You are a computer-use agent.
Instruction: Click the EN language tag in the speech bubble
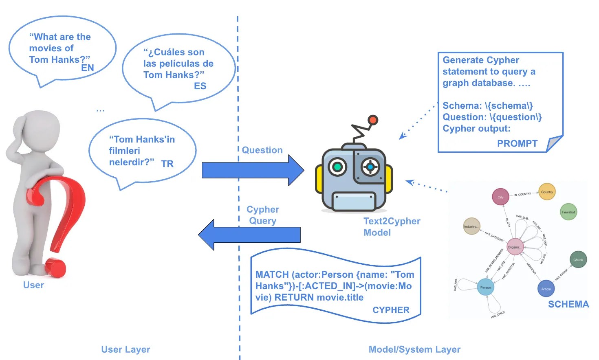(x=88, y=68)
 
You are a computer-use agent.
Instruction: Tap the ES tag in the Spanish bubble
(x=200, y=86)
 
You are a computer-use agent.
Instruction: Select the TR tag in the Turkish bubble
(x=167, y=164)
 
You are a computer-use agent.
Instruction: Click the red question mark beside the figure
(x=57, y=220)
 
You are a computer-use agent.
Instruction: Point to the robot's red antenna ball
(x=372, y=120)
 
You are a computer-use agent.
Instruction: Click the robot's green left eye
(x=337, y=167)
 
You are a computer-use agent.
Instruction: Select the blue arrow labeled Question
(x=253, y=170)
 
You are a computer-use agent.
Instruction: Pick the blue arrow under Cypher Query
(x=249, y=235)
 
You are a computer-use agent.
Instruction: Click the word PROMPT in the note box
(x=517, y=143)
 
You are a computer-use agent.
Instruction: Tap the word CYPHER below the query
(x=391, y=310)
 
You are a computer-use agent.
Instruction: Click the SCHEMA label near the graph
(x=568, y=304)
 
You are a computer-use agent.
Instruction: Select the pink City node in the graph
(x=500, y=197)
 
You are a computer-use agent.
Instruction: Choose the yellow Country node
(x=547, y=192)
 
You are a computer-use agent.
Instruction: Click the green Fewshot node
(x=568, y=212)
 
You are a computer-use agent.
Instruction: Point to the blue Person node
(x=485, y=287)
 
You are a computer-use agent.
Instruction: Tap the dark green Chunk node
(x=578, y=259)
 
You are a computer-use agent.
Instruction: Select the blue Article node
(x=546, y=289)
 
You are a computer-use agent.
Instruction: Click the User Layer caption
(x=126, y=349)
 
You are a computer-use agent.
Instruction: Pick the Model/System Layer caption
(x=414, y=349)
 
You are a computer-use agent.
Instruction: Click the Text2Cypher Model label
(x=392, y=227)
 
